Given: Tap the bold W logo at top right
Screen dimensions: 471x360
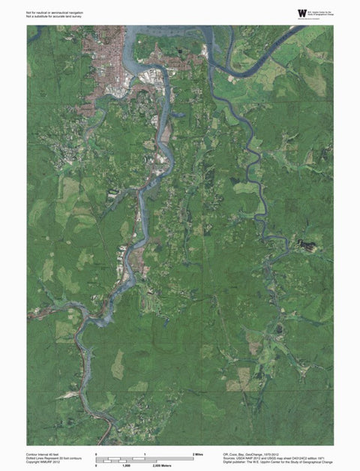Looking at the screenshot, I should (x=302, y=13).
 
